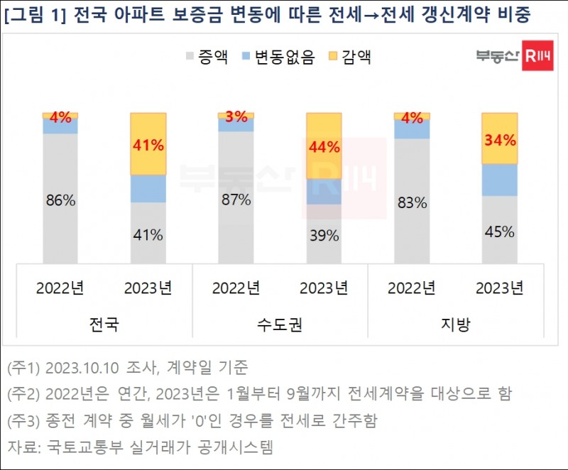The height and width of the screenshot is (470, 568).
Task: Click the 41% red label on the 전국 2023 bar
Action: [x=148, y=146]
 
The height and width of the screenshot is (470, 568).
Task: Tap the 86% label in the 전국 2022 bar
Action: [x=60, y=200]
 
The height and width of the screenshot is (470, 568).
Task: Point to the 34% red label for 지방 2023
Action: [x=499, y=140]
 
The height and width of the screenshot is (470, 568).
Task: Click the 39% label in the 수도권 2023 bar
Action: [x=324, y=236]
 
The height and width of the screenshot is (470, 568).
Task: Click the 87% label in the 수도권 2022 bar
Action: [x=236, y=200]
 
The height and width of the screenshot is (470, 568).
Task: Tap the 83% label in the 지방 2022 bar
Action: [x=412, y=203]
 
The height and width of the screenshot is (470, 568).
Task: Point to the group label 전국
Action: [x=104, y=324]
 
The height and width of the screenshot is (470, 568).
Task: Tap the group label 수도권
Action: [x=280, y=324]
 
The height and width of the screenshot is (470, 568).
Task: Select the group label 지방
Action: [x=455, y=324]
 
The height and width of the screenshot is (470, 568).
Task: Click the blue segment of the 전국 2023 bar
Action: [x=148, y=189]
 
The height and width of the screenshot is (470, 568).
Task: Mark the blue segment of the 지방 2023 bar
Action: [x=499, y=180]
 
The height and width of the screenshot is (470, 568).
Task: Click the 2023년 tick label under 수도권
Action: [x=324, y=288]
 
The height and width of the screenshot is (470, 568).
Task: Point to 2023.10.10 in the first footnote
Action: [x=77, y=368]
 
